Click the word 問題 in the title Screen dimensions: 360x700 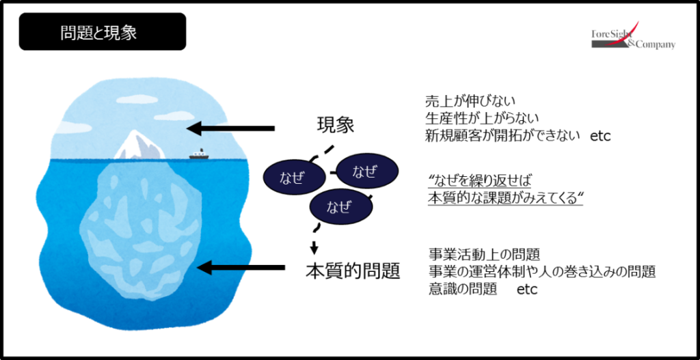click(x=74, y=33)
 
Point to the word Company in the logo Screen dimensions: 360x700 click(x=657, y=44)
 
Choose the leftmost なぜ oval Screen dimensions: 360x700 click(x=294, y=178)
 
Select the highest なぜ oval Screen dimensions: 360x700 click(x=367, y=171)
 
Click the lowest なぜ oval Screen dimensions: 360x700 click(x=340, y=207)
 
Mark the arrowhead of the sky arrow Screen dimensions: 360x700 click(x=193, y=128)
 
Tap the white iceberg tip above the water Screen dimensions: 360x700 click(x=142, y=146)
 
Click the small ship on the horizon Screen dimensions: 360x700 click(x=198, y=155)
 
